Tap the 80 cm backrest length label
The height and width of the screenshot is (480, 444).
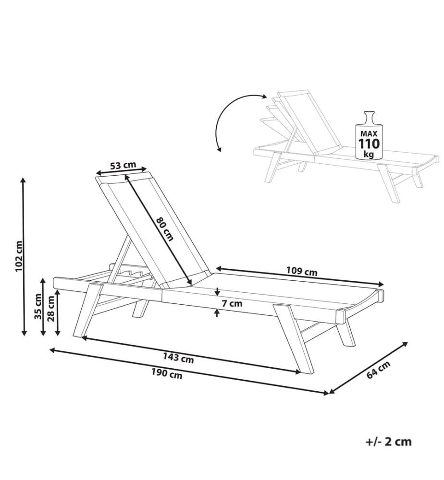pyautogui.click(x=165, y=229)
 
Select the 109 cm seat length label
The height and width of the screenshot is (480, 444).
pyautogui.click(x=302, y=271)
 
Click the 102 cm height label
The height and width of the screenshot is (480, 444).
pyautogui.click(x=19, y=256)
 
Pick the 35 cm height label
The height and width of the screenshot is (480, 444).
pyautogui.click(x=38, y=306)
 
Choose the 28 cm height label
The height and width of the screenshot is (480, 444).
pyautogui.click(x=51, y=308)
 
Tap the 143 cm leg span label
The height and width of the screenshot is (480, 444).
pyautogui.click(x=178, y=358)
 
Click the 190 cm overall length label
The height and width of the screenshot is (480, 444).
pyautogui.click(x=167, y=373)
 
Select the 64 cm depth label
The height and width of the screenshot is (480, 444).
pyautogui.click(x=378, y=370)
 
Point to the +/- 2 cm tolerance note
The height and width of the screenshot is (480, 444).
pyautogui.click(x=389, y=442)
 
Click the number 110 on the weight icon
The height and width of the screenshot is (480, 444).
pyautogui.click(x=369, y=144)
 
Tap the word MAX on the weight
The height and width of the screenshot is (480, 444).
pyautogui.click(x=369, y=134)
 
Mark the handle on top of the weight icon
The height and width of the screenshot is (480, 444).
pyautogui.click(x=369, y=118)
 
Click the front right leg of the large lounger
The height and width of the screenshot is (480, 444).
pyautogui.click(x=294, y=338)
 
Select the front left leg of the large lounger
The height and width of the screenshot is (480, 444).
pyautogui.click(x=88, y=310)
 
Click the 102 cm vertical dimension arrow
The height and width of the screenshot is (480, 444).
pyautogui.click(x=24, y=256)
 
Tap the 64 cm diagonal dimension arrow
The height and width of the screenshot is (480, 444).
pyautogui.click(x=368, y=368)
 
